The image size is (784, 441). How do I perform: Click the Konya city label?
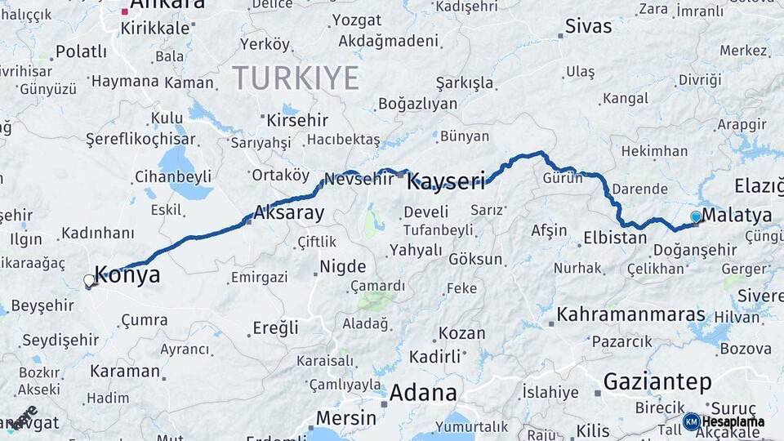127,275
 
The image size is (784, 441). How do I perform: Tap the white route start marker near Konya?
89,281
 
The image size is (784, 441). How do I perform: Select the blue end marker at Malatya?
696,216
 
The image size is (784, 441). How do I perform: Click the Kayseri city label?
446,180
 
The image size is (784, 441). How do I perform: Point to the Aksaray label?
288,213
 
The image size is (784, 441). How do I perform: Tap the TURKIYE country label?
296,78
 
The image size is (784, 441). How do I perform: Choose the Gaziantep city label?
657,381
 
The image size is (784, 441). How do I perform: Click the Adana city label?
422,393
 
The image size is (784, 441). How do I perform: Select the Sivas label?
589,26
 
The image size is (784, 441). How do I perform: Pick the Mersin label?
345,418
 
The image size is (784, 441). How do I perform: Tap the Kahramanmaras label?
630,314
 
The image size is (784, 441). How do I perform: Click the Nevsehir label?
359,179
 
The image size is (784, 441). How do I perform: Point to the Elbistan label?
614,238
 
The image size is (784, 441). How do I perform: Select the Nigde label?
342,266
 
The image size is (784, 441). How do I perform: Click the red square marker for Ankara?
124,11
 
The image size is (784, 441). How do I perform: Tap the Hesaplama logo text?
733,421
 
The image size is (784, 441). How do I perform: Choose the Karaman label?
125,371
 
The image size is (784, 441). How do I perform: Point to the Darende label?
639,189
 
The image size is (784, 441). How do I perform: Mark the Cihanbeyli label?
172,176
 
